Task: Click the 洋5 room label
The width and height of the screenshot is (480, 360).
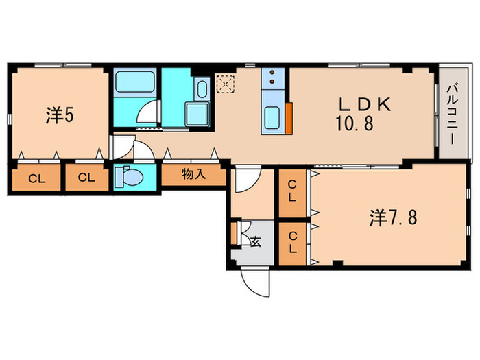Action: click(60, 116)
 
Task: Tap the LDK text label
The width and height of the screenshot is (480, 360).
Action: click(365, 104)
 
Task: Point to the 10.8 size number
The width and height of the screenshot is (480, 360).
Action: click(355, 123)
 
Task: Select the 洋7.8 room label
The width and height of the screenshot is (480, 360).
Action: click(394, 217)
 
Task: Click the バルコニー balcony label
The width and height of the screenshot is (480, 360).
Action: click(452, 115)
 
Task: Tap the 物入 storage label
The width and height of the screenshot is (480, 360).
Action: click(193, 174)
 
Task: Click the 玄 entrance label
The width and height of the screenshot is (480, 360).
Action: click(256, 242)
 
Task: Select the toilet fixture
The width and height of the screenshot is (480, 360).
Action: click(129, 177)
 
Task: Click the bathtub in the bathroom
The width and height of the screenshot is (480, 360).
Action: click(134, 82)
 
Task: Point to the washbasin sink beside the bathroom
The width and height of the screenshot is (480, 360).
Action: click(202, 88)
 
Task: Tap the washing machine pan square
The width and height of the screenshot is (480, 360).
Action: click(197, 115)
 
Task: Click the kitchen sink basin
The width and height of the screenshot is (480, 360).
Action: click(272, 118)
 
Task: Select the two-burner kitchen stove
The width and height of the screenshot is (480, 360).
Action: click(272, 77)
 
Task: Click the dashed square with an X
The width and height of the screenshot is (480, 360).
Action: click(226, 84)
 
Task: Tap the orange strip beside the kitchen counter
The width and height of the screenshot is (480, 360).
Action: click(289, 118)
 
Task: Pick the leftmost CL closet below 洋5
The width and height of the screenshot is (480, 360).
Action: click(36, 178)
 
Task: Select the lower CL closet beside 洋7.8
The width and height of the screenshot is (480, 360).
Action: click(292, 244)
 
